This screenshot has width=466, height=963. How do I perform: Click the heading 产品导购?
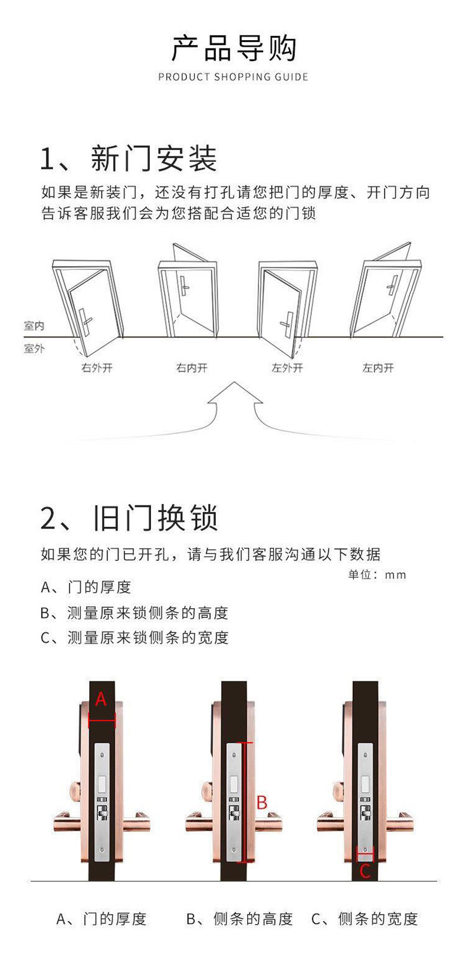point(233,48)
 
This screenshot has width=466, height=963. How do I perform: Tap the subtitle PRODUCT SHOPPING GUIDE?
point(233,77)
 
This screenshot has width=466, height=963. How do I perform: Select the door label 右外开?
point(97,368)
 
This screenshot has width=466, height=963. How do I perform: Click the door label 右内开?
point(192,368)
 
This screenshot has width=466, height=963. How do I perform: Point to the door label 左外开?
point(287,368)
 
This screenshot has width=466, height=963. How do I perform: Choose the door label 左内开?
point(378,368)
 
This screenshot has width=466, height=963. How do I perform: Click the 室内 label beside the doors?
point(34,325)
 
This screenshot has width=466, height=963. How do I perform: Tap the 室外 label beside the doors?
point(34,348)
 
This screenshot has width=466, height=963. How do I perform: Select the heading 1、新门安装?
point(129,159)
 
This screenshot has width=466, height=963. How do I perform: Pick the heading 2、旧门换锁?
point(129,518)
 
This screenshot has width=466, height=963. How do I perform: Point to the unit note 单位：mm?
point(377,574)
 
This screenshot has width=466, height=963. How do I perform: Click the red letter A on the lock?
point(101,699)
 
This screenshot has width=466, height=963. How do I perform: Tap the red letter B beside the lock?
point(262,802)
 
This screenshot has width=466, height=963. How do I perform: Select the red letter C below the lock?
point(365,871)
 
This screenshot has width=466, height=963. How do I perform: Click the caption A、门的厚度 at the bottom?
point(101,919)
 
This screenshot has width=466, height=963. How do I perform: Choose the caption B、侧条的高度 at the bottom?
point(239,919)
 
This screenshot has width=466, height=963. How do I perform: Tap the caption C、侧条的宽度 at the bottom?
point(365,919)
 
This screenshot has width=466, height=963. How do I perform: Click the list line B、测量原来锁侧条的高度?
point(134,613)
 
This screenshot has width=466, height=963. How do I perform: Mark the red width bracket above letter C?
point(365,854)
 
